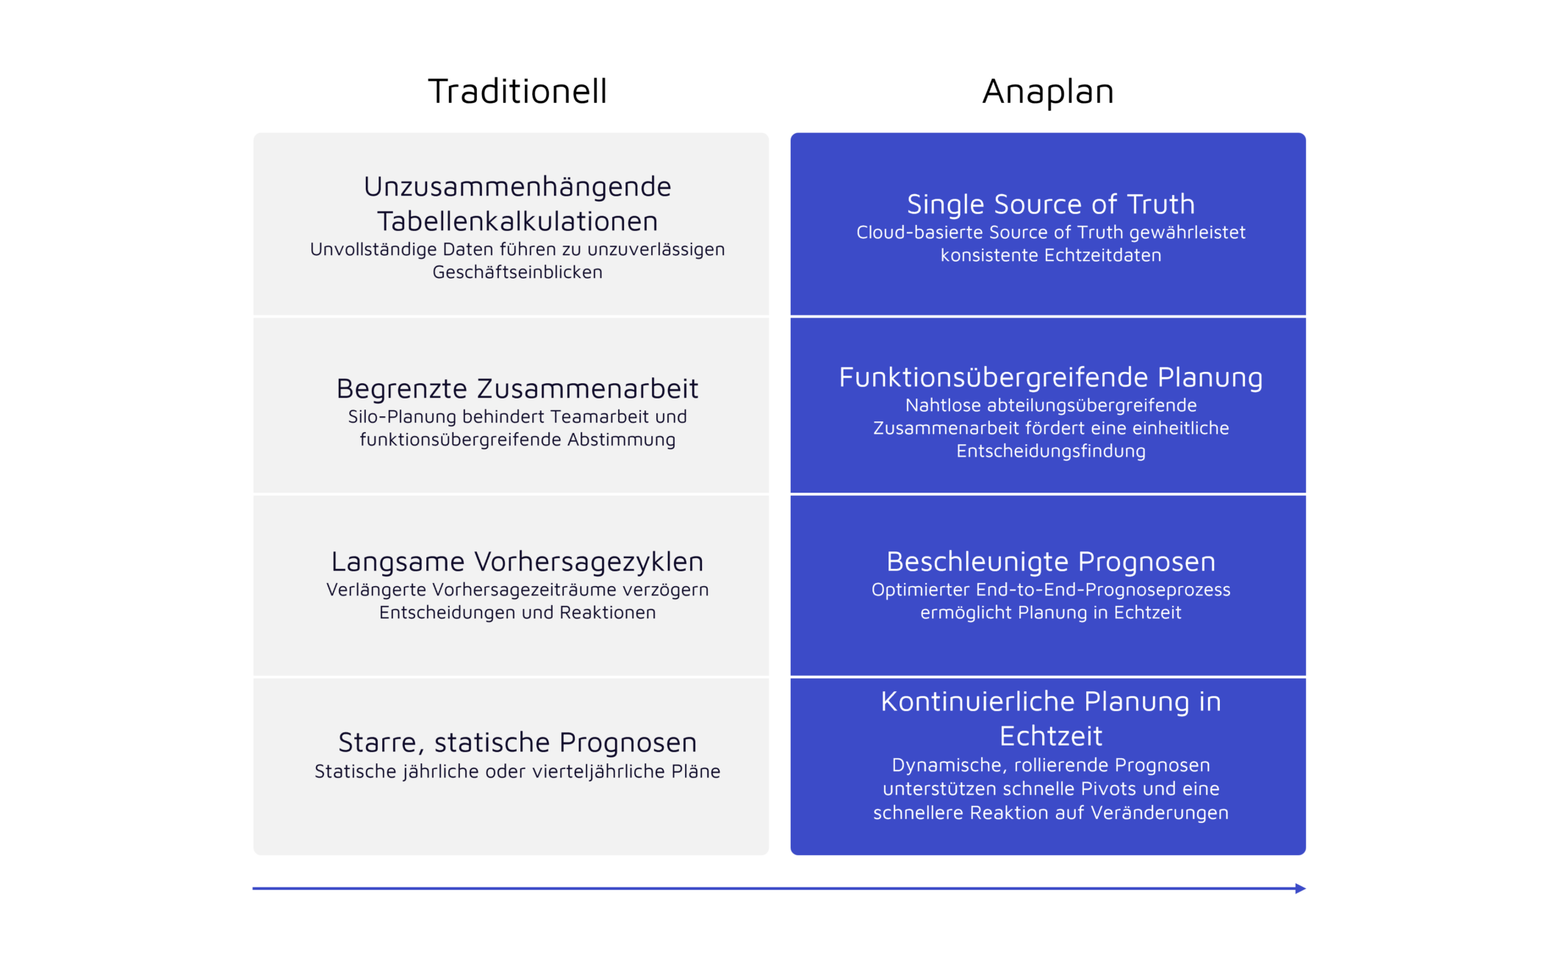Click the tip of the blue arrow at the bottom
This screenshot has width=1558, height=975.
(1305, 888)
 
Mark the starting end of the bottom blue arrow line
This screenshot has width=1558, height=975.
(253, 888)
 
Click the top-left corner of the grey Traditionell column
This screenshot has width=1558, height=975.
(254, 133)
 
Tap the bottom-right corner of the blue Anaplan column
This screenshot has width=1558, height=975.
(1306, 855)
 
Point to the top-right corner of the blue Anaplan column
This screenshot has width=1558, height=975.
(1306, 133)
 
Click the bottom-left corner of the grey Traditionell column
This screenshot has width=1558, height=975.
(254, 855)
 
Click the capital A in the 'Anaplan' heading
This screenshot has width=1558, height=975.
(996, 92)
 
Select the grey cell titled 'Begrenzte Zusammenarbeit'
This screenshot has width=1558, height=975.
(511, 405)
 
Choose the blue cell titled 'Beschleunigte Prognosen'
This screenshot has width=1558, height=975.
(1048, 585)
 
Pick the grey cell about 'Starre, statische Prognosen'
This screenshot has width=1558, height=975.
(511, 766)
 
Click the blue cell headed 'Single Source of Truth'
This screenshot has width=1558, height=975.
(1048, 224)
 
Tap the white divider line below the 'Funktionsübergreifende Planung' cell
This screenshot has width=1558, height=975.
(1048, 494)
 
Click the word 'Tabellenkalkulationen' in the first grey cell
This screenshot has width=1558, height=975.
(517, 221)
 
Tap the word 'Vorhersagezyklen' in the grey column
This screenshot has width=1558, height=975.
(589, 562)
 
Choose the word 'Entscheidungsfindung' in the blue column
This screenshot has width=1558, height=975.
(1051, 451)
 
